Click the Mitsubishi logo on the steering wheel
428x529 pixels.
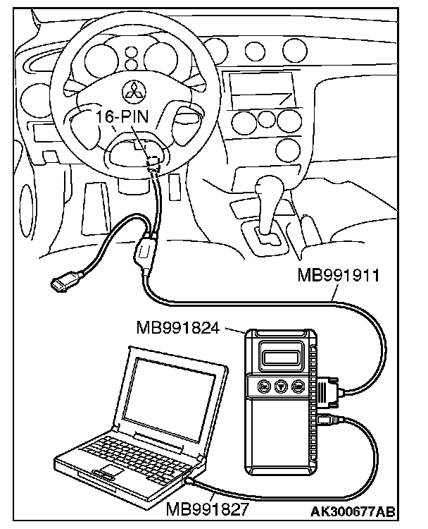[133, 89]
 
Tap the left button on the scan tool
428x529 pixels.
[263, 387]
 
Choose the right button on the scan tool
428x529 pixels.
[298, 387]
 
